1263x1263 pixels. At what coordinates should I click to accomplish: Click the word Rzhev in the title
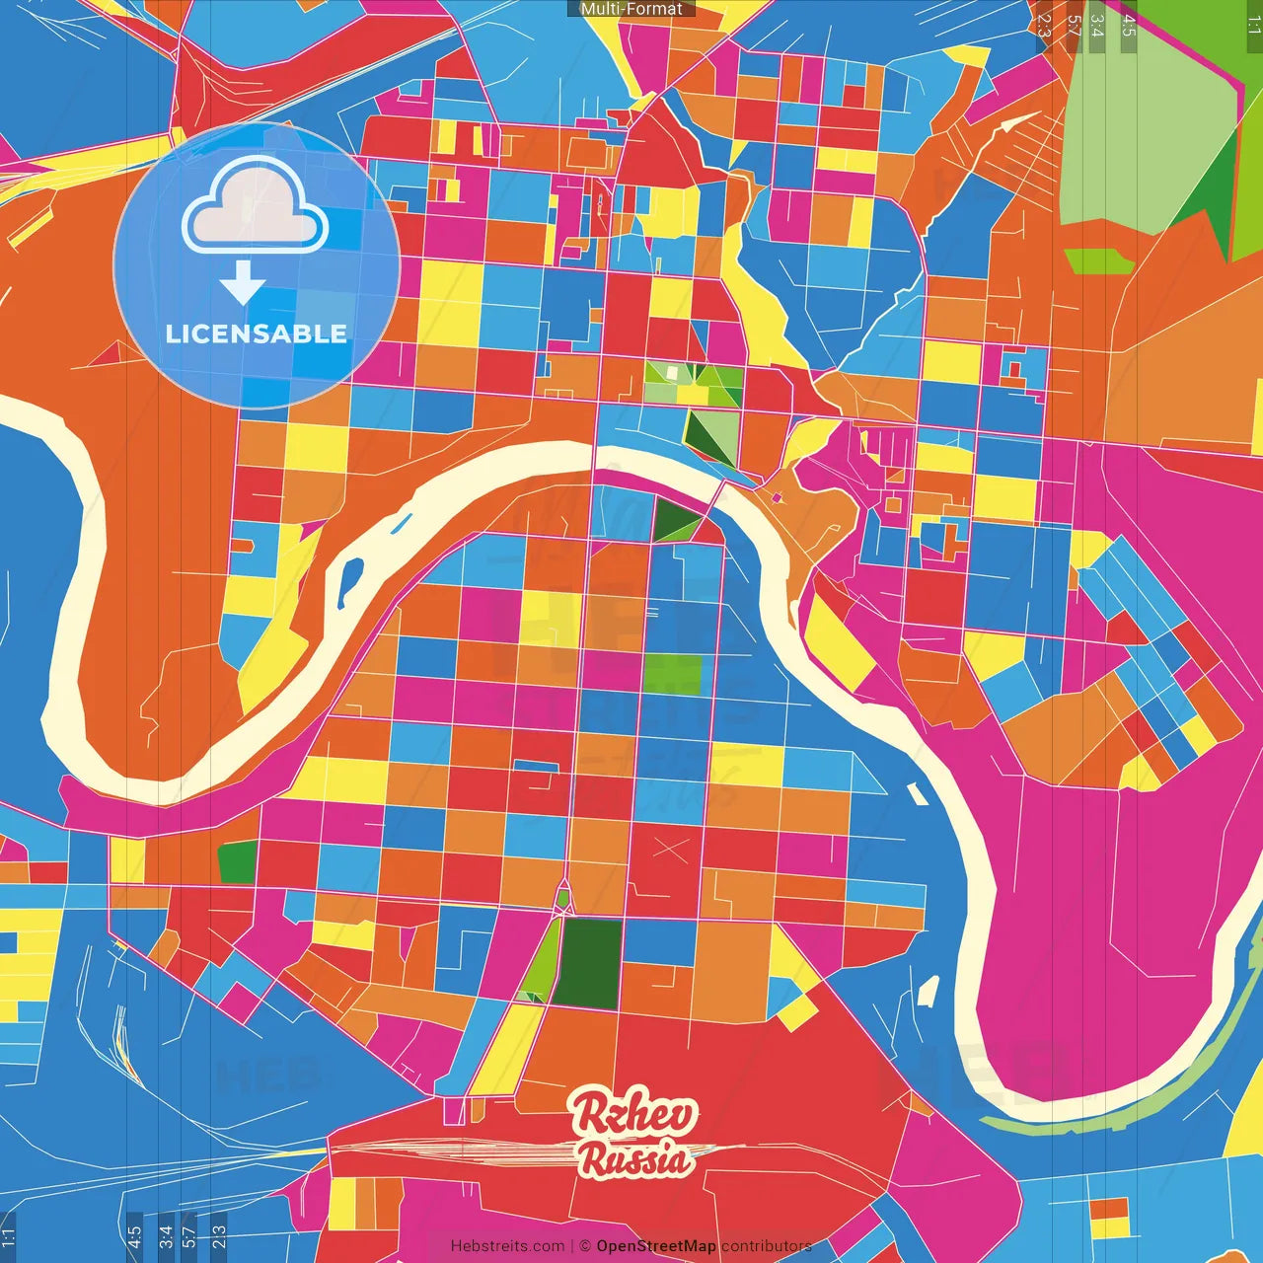click(x=635, y=1114)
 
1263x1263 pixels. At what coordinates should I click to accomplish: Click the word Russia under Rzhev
click(x=635, y=1158)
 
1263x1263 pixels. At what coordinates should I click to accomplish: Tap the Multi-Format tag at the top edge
click(x=631, y=9)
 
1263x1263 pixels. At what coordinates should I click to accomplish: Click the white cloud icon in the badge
click(x=255, y=207)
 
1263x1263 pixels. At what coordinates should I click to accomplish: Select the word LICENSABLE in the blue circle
click(x=257, y=334)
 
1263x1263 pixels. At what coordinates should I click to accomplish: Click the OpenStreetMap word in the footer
click(x=655, y=1246)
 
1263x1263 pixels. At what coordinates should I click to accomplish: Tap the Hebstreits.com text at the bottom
click(x=507, y=1246)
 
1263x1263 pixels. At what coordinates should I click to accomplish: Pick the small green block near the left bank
click(x=237, y=861)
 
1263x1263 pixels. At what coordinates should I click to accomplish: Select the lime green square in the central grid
click(x=673, y=673)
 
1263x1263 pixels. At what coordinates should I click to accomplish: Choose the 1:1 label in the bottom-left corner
click(x=9, y=1235)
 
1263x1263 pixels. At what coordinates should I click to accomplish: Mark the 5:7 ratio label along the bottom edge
click(x=189, y=1235)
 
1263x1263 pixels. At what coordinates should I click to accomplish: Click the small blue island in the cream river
click(x=349, y=582)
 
